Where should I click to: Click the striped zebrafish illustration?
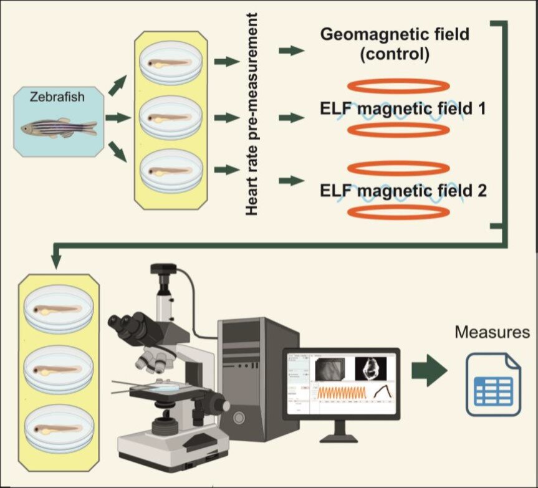tap(59, 128)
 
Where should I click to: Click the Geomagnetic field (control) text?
tap(394, 44)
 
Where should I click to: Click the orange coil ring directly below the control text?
tap(398, 85)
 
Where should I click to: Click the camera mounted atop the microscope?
tap(161, 278)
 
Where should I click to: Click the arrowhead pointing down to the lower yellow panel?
tap(55, 262)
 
